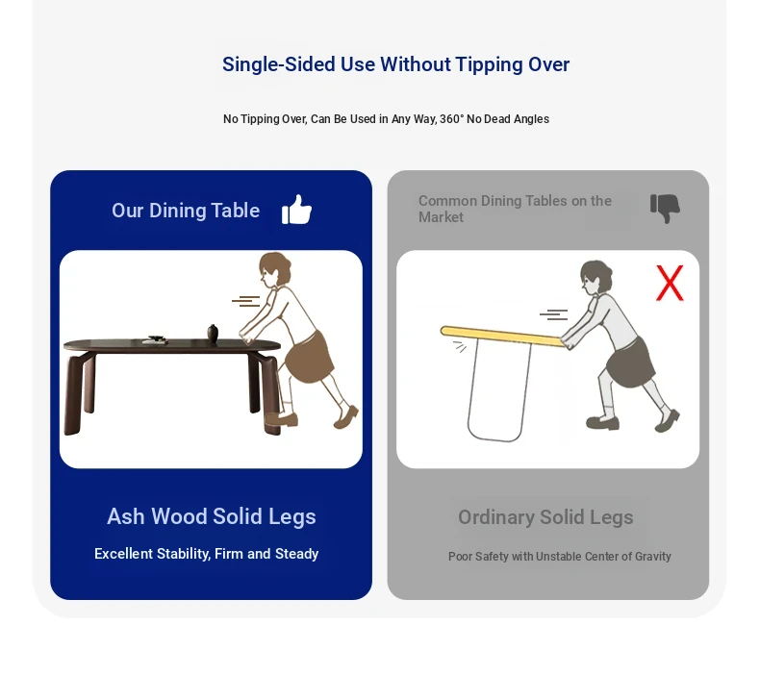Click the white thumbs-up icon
[x=296, y=210]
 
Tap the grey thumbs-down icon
[x=665, y=209]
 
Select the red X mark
[x=670, y=283]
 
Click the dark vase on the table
[x=213, y=334]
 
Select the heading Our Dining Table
[x=186, y=211]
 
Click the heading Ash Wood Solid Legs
[x=212, y=516]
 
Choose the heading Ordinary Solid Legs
[x=545, y=517]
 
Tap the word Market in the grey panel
[x=441, y=217]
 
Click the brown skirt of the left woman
[x=309, y=357]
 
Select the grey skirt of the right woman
[x=630, y=362]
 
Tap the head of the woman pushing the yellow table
[x=595, y=277]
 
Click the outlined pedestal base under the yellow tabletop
[x=498, y=390]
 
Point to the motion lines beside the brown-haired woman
[x=246, y=301]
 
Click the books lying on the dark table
[x=155, y=339]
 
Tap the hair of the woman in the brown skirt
[x=276, y=265]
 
